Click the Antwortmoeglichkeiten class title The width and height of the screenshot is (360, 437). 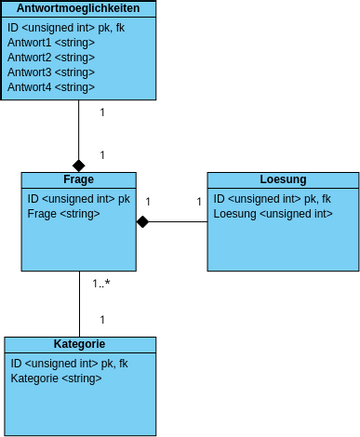[79, 8]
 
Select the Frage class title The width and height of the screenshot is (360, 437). [79, 180]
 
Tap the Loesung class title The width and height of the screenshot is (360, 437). [283, 180]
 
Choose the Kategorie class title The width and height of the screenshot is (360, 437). [80, 344]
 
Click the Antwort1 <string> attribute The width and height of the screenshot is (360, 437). [51, 43]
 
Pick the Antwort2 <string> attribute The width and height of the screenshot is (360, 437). [51, 58]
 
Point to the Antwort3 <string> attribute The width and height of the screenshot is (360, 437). [51, 73]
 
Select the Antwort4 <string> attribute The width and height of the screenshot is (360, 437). [51, 88]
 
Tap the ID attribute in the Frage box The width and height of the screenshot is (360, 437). [78, 198]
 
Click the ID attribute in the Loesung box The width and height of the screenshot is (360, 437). [272, 198]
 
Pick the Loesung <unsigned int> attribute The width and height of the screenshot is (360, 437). [273, 213]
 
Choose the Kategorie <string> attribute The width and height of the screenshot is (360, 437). [56, 379]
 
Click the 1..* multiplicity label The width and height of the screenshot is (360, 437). [101, 284]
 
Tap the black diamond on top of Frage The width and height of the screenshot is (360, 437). [79, 164]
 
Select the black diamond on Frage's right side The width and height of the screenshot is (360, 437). [143, 221]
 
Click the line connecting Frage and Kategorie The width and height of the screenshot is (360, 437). [79, 304]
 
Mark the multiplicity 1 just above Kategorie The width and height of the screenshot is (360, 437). [102, 320]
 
